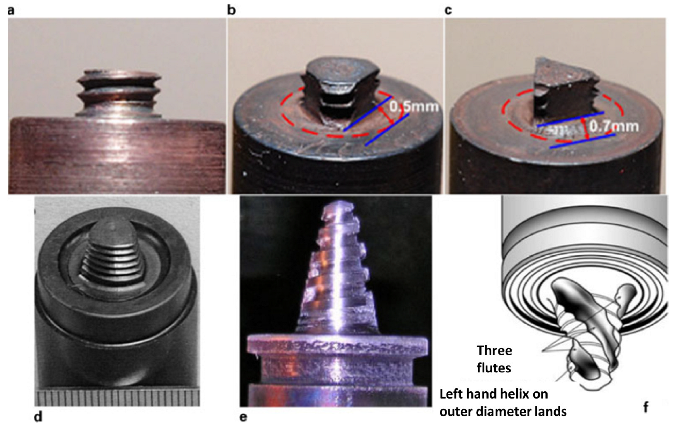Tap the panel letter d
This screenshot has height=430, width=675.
[38, 416]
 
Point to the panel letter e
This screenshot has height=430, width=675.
[243, 417]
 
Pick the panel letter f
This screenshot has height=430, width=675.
[646, 407]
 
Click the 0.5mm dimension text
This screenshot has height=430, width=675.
[414, 106]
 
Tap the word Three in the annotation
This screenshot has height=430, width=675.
[494, 350]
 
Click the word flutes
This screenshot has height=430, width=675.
[494, 368]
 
